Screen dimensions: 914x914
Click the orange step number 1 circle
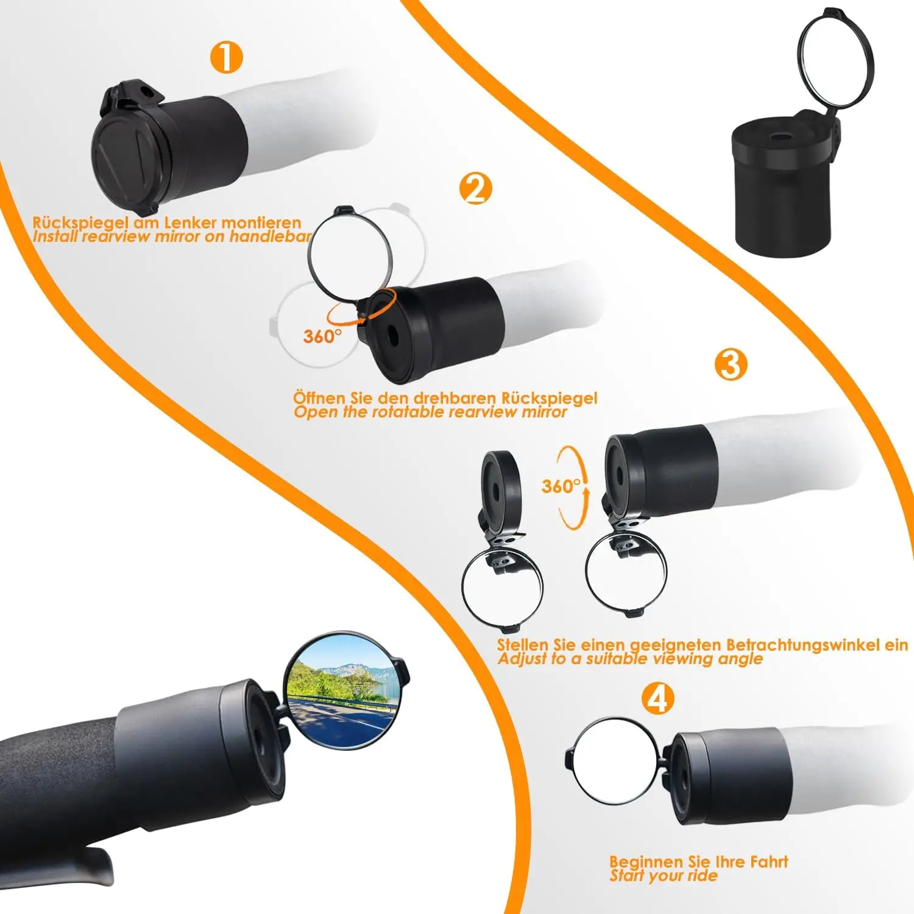pos(226,58)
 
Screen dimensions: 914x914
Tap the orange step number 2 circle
pos(475,188)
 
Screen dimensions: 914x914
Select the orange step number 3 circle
pos(731,364)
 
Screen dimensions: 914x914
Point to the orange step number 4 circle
pos(657,698)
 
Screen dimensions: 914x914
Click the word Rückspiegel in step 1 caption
pos(80,223)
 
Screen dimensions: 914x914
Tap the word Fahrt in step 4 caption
pos(769,862)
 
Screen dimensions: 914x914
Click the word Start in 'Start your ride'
pos(627,876)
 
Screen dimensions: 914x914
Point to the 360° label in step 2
pos(322,336)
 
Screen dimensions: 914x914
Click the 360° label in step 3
pos(561,486)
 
